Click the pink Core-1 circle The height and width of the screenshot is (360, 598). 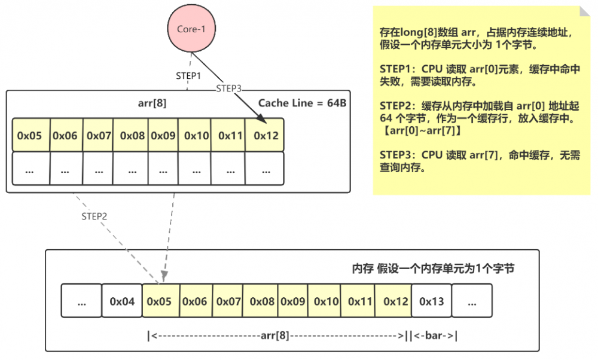[x=190, y=29]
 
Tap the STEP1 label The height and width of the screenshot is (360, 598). [x=188, y=77]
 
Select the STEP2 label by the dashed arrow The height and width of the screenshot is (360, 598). [x=94, y=216]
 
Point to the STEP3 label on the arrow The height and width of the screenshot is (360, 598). [x=229, y=89]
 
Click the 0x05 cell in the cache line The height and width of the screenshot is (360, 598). [x=30, y=136]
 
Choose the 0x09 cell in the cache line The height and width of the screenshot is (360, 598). [x=163, y=136]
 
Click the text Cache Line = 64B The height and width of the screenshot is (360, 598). [x=302, y=103]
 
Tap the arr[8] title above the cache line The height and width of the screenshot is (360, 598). [x=152, y=103]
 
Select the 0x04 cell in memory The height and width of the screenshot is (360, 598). [x=122, y=301]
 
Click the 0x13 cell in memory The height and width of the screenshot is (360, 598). [x=431, y=301]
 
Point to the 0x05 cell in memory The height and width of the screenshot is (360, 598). [x=160, y=301]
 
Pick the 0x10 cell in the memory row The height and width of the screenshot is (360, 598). [x=327, y=301]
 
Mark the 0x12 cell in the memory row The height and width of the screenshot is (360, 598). [x=395, y=301]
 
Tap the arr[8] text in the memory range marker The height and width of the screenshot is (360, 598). [x=276, y=335]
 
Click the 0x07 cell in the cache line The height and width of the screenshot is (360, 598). [x=99, y=136]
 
